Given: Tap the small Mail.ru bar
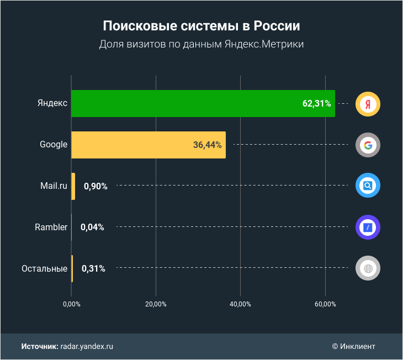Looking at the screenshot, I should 73,186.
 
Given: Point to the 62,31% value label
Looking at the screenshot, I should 317,103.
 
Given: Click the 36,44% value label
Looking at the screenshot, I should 207,145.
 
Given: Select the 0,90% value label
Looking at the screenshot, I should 96,186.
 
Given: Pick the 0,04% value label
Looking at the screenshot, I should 92,227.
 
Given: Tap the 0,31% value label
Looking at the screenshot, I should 93,269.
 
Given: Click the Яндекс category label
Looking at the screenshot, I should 52,103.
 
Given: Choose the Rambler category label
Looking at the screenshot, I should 51,227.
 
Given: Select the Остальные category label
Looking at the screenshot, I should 44,269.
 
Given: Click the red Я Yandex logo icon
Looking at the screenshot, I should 368,104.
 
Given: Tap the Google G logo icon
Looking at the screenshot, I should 368,145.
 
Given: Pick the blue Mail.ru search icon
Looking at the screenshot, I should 368,186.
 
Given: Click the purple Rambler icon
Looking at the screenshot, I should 368,227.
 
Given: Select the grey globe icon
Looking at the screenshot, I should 368,269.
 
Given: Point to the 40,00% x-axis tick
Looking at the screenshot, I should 240,304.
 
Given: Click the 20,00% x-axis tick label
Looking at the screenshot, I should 156,304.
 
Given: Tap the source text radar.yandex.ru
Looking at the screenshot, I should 87,346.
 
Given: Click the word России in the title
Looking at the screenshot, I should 278,27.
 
